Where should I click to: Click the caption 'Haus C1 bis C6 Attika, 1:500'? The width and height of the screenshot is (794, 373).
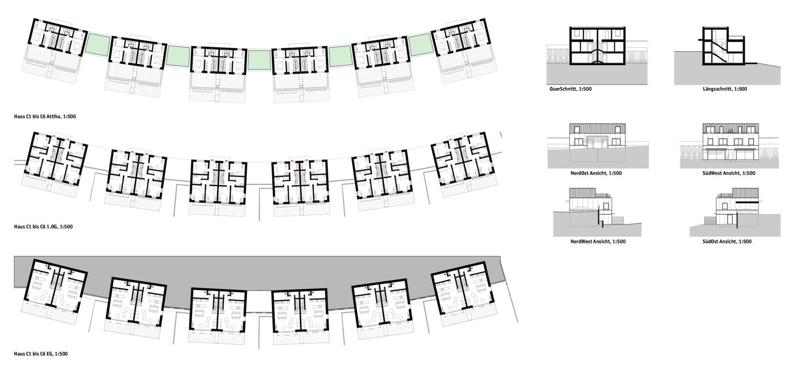click(45, 116)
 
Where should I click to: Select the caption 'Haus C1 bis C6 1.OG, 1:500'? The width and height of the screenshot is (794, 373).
click(43, 227)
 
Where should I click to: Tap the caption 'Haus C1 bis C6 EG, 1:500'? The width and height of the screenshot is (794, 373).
click(41, 354)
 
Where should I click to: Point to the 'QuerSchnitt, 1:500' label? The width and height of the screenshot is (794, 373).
click(571, 89)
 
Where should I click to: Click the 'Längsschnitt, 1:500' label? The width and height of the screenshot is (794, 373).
click(725, 89)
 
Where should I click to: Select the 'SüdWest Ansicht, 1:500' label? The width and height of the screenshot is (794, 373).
click(729, 173)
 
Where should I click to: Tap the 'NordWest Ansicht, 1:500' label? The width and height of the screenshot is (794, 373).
click(598, 242)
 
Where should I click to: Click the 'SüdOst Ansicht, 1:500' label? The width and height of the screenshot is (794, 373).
click(727, 242)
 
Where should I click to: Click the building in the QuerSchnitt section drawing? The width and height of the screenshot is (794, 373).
click(597, 46)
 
